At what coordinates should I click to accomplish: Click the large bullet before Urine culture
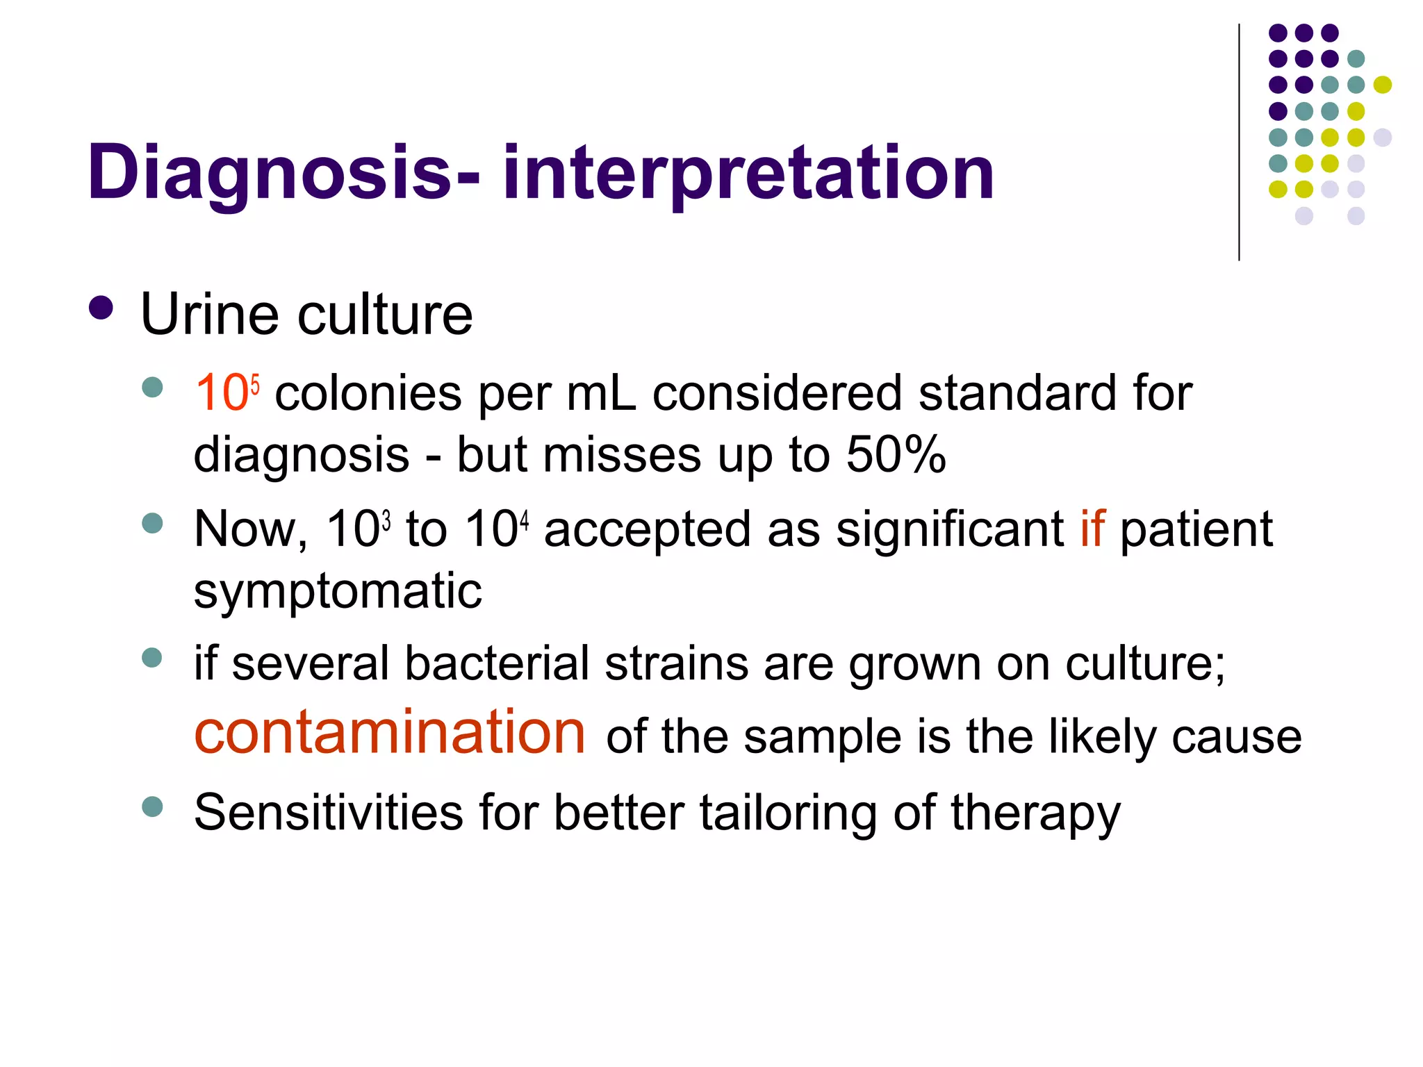[101, 308]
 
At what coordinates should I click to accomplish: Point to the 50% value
[896, 455]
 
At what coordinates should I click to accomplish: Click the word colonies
[368, 393]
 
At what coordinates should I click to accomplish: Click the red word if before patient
[1092, 529]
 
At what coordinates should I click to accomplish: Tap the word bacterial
[497, 663]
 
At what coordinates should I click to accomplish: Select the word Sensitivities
[328, 812]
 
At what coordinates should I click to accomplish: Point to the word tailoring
[788, 812]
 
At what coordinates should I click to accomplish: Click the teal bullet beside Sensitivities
[151, 807]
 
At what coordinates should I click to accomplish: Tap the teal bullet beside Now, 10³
[151, 522]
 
